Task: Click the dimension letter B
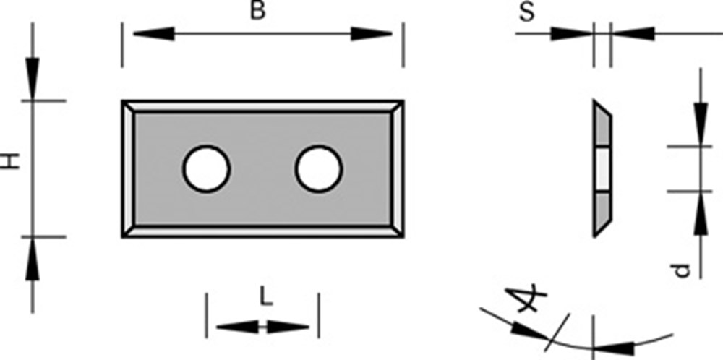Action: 258,10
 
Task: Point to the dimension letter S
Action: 526,12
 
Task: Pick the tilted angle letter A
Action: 526,299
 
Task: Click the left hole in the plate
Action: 206,168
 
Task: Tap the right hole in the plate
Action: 319,168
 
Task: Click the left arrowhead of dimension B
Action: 153,34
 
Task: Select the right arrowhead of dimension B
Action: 371,34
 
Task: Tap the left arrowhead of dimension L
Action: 237,327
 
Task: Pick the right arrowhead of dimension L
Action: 288,327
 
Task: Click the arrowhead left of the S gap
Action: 572,34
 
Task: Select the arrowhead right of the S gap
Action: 633,34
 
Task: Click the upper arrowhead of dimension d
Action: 701,124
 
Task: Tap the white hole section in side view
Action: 602,168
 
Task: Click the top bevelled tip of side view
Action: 595,100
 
